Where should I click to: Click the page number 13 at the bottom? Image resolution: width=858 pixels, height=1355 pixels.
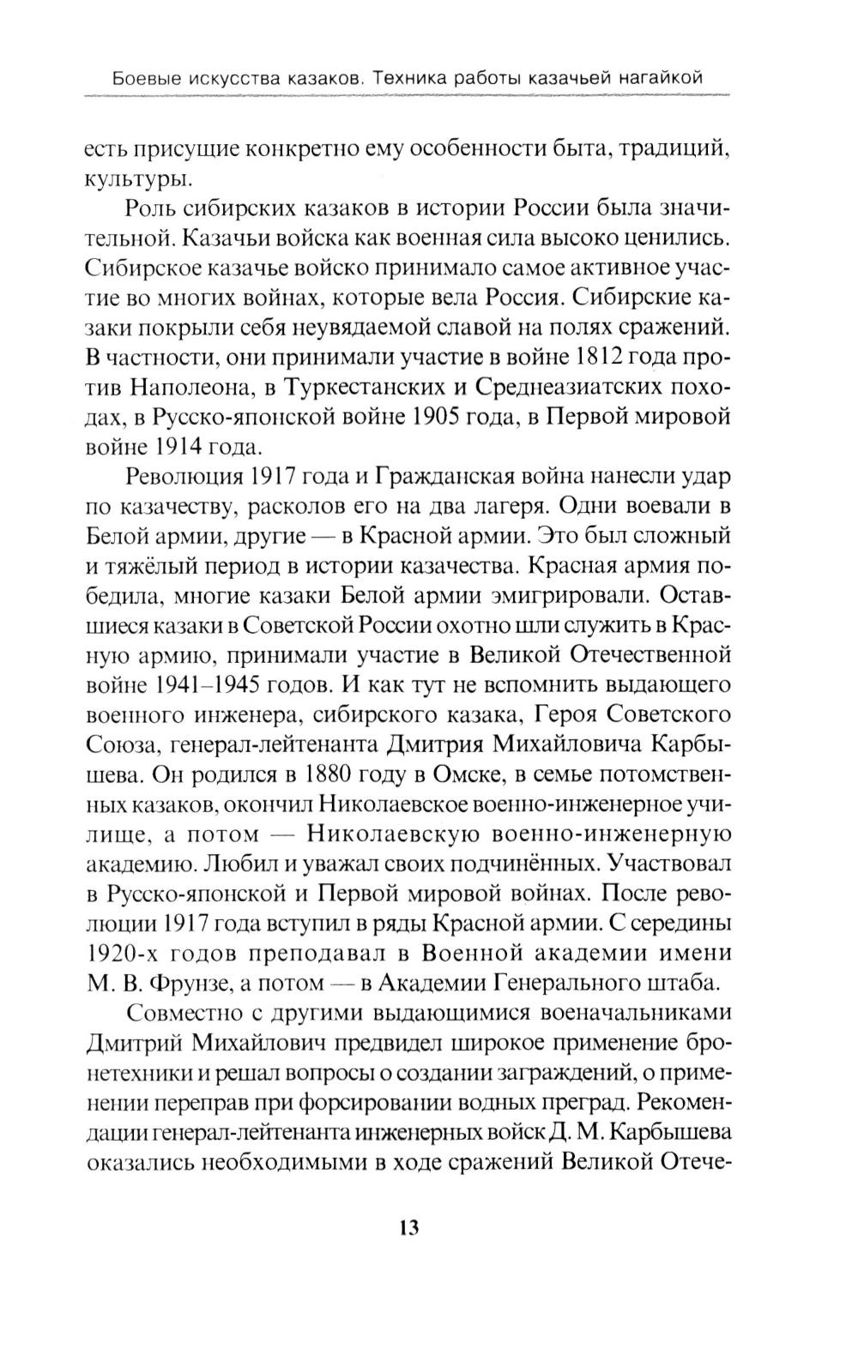point(408,1227)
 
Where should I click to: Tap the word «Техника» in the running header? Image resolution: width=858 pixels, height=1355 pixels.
point(420,78)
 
